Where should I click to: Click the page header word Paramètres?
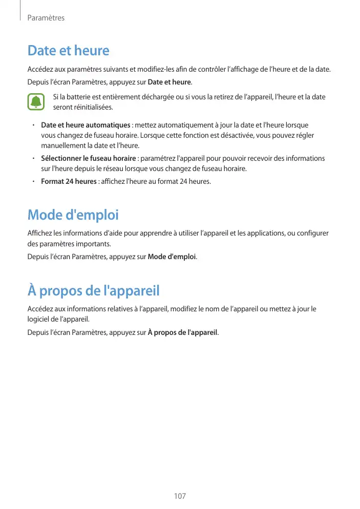[46, 18]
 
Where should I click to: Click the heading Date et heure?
[68, 51]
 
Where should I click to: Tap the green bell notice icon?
[36, 102]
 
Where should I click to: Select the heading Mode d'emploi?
[73, 215]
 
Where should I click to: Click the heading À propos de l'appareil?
[94, 291]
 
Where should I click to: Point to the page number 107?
[180, 496]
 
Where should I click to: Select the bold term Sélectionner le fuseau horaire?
[88, 159]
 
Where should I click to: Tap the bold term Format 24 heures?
[69, 181]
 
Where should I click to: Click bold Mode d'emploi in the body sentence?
[172, 256]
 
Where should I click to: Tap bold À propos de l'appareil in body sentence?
[182, 333]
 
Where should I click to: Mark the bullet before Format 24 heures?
[32, 181]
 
